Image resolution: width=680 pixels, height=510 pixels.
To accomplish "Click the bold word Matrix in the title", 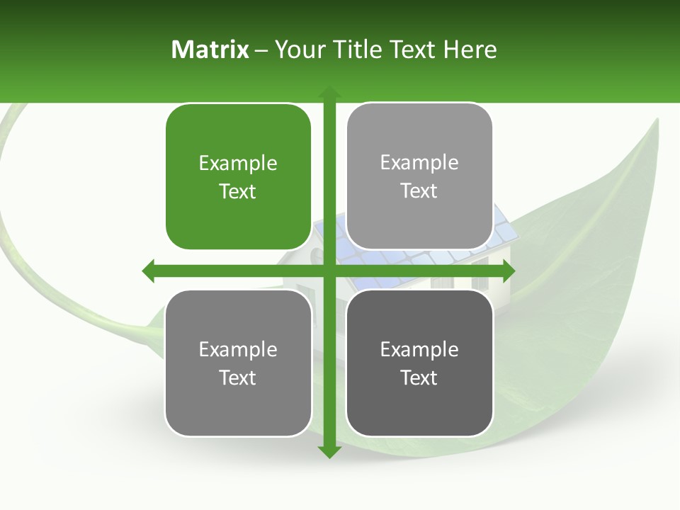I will pos(210,50).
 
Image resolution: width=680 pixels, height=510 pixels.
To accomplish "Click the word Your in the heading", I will pos(297,50).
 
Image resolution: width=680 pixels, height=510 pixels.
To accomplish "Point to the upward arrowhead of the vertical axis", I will pos(329,92).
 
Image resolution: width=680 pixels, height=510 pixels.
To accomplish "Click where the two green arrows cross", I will pos(329,271).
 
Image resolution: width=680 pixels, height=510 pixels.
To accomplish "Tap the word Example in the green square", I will pos(238,164).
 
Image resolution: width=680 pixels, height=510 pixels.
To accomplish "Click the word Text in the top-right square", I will pos(419,191).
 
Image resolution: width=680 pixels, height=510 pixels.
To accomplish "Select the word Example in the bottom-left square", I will pos(238,350).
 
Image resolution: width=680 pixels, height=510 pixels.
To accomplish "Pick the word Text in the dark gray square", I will pos(419,378).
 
